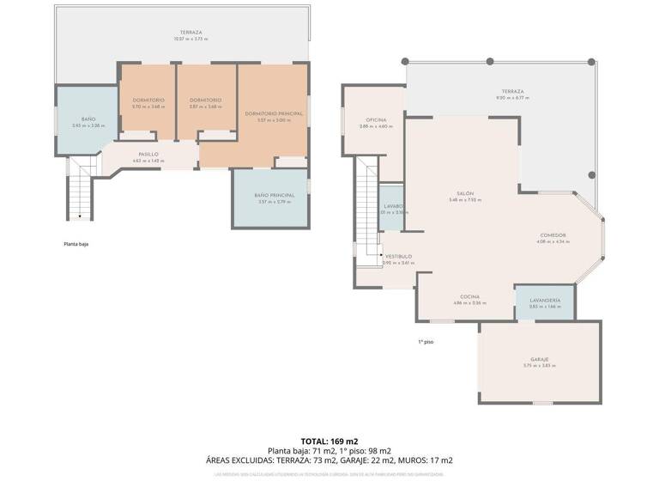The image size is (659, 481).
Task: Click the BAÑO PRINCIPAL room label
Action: point(275,196)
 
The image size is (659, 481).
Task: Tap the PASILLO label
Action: point(148,155)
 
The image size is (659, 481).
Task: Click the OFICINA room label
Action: point(376,119)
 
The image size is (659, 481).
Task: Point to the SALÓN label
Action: point(465,193)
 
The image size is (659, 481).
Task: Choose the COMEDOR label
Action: point(553,235)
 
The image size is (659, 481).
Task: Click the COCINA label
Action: point(469,296)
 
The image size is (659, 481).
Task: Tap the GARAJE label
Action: point(539,359)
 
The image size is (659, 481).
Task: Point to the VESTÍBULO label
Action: point(398,256)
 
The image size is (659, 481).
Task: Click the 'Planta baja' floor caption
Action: point(76,244)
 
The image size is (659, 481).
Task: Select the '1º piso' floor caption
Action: point(426,342)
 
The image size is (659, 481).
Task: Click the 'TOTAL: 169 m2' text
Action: point(329,441)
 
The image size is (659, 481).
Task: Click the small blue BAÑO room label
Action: point(88,119)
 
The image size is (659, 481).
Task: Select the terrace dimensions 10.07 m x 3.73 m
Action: point(190,39)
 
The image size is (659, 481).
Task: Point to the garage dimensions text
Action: point(539,366)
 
